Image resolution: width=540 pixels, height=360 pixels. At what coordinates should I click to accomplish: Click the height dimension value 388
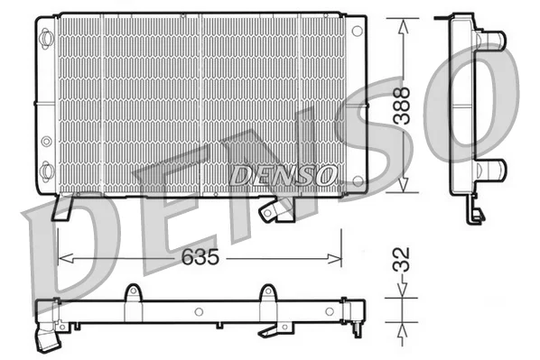[x=402, y=106]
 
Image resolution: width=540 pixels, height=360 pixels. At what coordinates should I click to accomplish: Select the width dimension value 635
[x=200, y=257]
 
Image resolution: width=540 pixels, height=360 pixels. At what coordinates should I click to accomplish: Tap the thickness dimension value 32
[x=402, y=260]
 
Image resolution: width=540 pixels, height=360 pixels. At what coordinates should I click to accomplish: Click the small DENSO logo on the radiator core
[x=283, y=175]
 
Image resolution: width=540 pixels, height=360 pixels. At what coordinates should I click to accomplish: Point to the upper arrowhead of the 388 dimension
[x=403, y=26]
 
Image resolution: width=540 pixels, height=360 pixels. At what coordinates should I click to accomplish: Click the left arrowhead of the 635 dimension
[x=66, y=258]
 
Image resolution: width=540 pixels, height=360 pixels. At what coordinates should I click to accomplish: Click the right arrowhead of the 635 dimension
[x=334, y=258]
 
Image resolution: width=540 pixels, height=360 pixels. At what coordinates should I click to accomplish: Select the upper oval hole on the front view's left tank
[x=46, y=36]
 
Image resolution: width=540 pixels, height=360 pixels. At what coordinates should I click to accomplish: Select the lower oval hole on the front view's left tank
[x=46, y=171]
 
